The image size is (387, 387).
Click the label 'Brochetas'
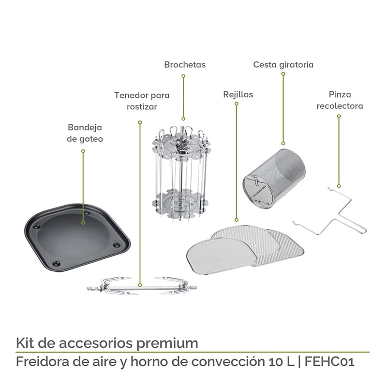[x=184, y=64]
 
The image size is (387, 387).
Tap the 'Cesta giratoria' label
[x=283, y=64]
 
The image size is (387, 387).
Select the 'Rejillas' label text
[x=238, y=94]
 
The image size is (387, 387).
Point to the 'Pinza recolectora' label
[x=339, y=100]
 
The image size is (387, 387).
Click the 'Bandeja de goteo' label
[x=85, y=133]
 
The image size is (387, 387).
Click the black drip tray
[x=77, y=237]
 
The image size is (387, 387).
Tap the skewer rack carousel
[x=182, y=174]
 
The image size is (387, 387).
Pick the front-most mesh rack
[x=223, y=252]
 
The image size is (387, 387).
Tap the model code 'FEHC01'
[x=330, y=361]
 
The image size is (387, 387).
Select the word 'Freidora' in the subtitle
[x=39, y=361]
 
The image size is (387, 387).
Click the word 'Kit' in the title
[x=25, y=343]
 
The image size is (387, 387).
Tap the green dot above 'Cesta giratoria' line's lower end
[x=283, y=143]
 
